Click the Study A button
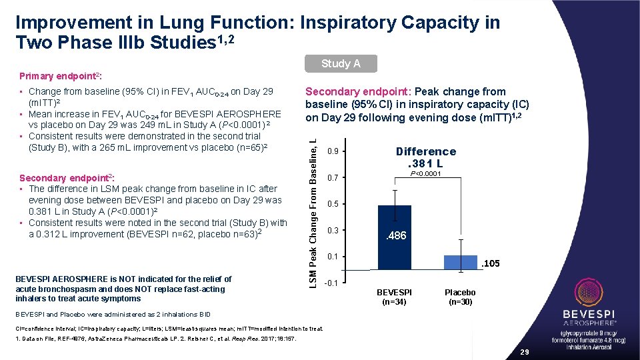point(341,63)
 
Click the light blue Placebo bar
point(461,262)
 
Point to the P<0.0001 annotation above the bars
point(426,175)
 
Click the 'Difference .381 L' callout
point(426,157)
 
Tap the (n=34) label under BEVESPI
point(395,302)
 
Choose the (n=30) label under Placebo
point(460,302)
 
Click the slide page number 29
point(524,351)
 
